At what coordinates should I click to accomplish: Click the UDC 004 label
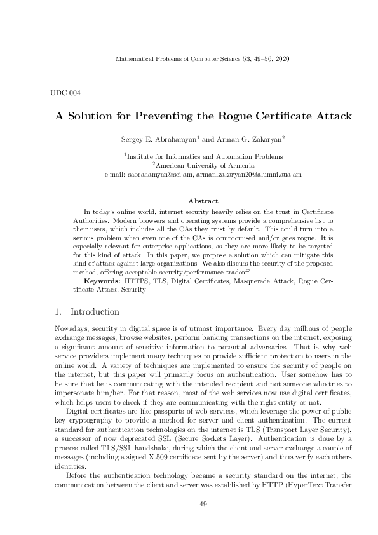65,93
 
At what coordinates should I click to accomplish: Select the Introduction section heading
95,312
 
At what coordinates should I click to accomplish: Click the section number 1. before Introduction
58,312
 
